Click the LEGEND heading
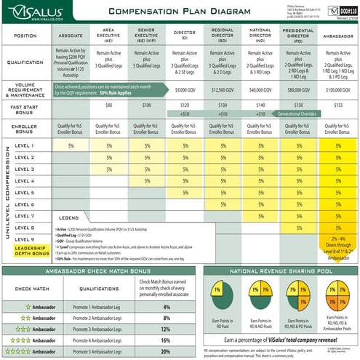click(x=68, y=217)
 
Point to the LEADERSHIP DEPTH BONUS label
click(x=31, y=251)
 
